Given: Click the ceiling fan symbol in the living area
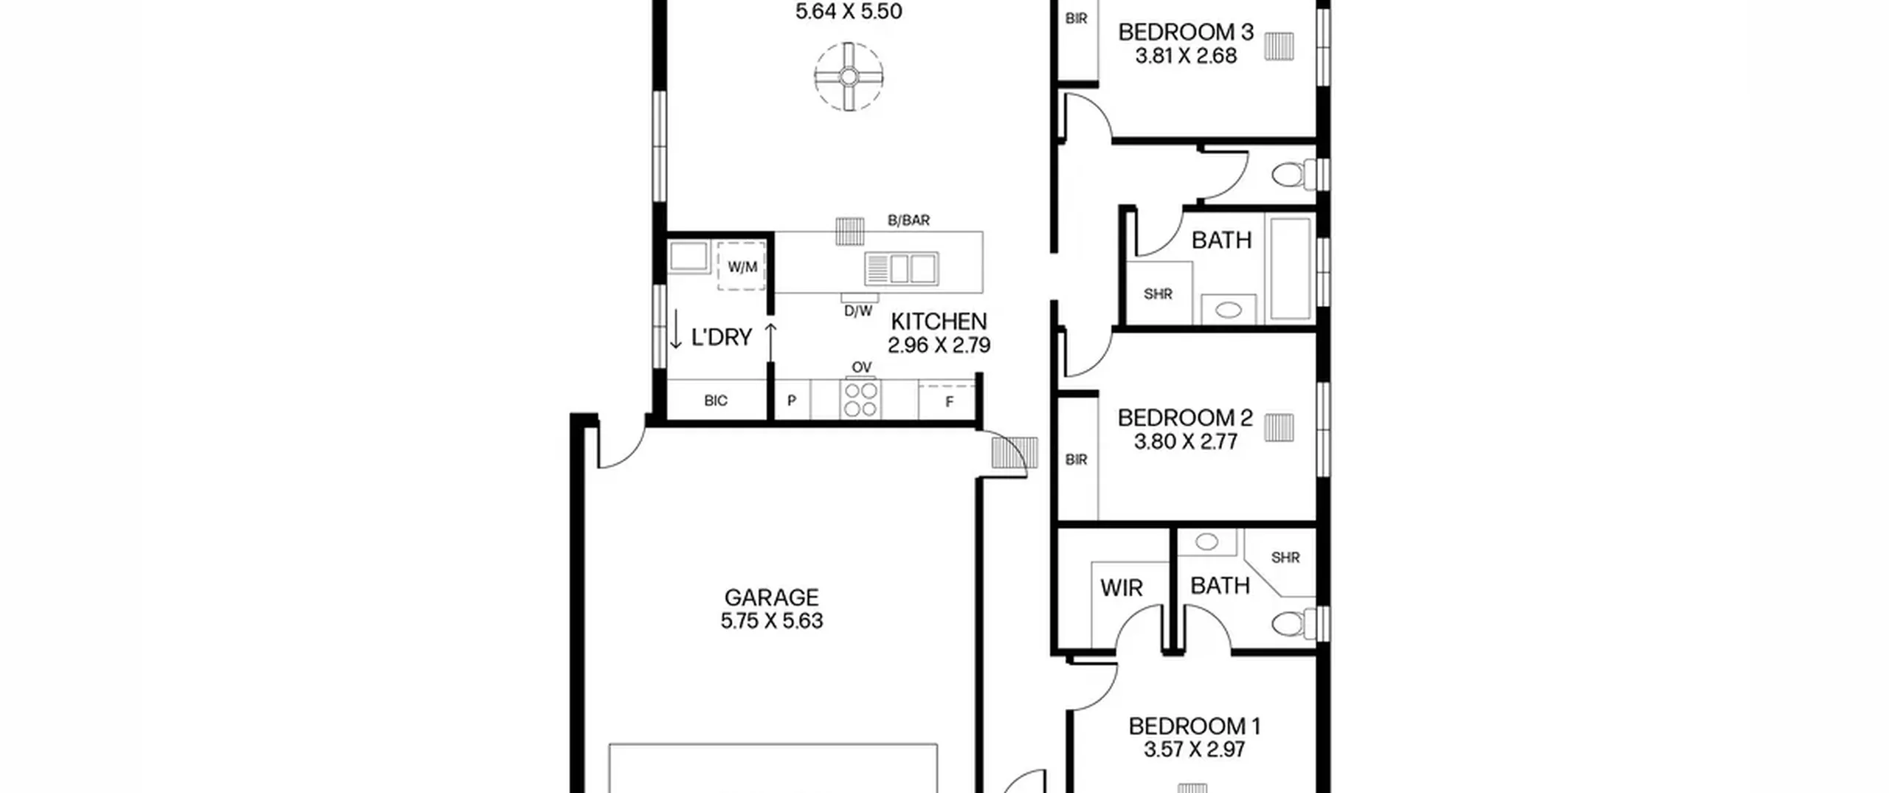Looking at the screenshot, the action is coord(849,77).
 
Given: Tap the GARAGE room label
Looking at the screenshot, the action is coord(771,598).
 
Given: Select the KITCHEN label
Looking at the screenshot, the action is coord(939,322).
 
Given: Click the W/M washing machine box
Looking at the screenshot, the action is coord(742,266).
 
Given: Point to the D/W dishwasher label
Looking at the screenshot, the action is coord(858,311).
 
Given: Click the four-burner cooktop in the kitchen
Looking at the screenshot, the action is coord(860,401).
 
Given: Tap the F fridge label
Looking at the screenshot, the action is coord(950,402).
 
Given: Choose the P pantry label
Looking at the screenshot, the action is coord(792,401).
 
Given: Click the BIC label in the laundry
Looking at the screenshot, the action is coord(716,401).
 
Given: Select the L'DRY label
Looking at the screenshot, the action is coord(721,337).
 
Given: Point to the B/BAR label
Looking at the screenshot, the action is coord(908,220).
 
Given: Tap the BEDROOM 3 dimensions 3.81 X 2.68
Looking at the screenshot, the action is coord(1186,56).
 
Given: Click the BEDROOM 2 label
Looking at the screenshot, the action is coord(1185,418).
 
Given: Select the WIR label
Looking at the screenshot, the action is coord(1122,588).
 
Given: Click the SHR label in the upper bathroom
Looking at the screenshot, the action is coord(1158,294).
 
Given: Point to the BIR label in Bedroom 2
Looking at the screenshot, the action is coord(1077,460).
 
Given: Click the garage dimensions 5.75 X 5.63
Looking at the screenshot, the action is coord(772,621).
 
